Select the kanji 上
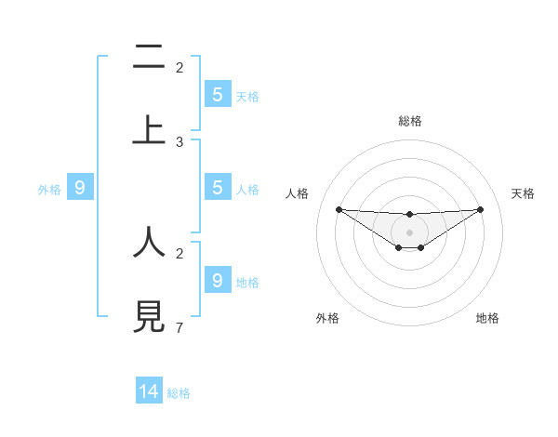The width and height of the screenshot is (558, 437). (x=149, y=129)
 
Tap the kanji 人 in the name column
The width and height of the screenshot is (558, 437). (x=149, y=242)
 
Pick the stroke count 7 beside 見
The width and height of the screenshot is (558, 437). (x=179, y=327)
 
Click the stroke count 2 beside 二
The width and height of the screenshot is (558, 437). (x=179, y=67)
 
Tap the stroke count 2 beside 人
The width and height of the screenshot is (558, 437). (x=179, y=253)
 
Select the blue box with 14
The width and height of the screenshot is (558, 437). (x=149, y=391)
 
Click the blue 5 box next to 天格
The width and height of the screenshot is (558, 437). (x=217, y=95)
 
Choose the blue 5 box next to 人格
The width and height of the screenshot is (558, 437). (x=217, y=188)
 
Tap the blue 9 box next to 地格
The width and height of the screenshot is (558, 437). (x=217, y=280)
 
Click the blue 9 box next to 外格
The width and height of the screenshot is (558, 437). (x=80, y=188)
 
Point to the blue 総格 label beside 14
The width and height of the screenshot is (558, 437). (x=179, y=393)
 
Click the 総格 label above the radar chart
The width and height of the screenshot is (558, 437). (x=409, y=121)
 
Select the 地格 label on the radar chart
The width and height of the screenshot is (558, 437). (x=487, y=318)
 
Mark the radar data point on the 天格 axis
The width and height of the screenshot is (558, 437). (x=480, y=209)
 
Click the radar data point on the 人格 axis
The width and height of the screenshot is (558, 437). (x=339, y=209)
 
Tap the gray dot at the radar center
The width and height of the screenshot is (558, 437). (x=409, y=232)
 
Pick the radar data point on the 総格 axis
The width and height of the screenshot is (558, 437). (x=409, y=215)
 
